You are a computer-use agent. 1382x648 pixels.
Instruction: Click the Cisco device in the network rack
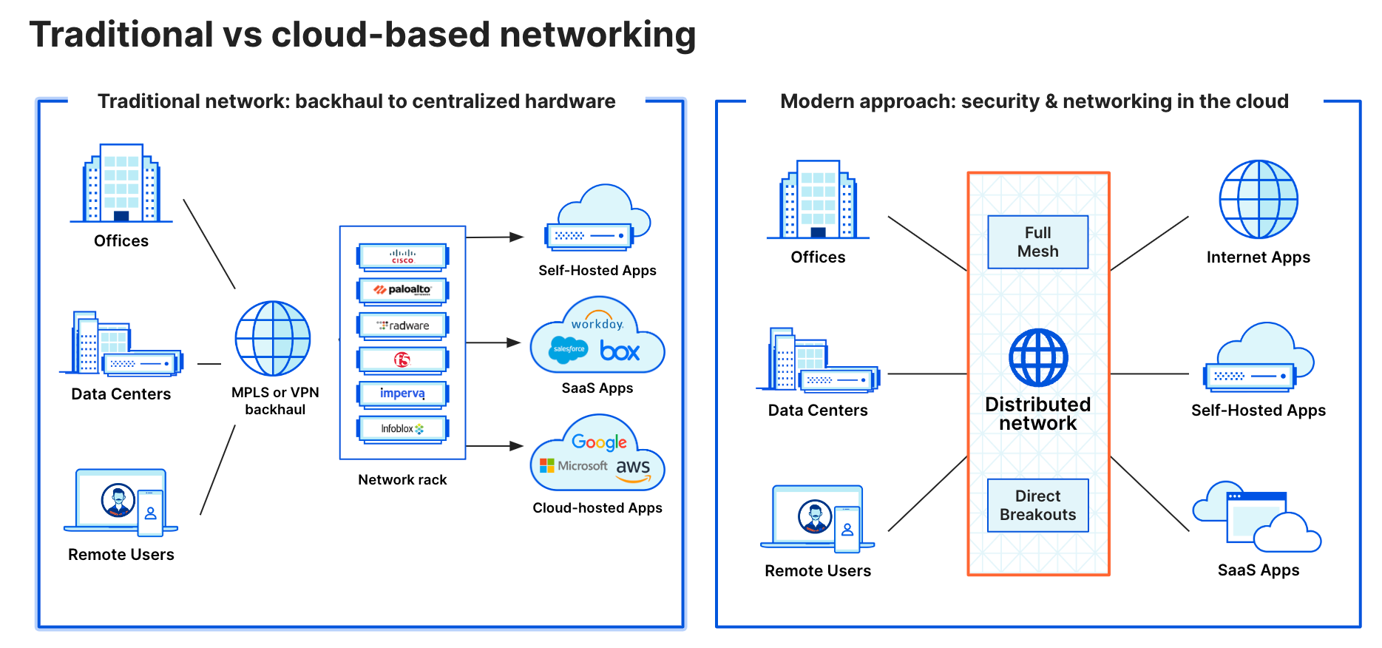point(402,256)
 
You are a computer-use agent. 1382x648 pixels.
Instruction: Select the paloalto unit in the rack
point(402,290)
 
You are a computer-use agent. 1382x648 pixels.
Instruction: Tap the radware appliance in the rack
point(402,325)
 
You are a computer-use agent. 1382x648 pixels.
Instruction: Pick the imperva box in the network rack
point(402,394)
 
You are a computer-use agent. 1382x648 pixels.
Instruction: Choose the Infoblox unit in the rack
point(402,428)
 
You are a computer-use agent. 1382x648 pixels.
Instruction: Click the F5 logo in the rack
point(402,360)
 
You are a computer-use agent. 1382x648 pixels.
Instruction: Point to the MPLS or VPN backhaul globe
point(273,339)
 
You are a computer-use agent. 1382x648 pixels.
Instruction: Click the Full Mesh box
point(1037,242)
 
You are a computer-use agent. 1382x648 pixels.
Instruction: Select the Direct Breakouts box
point(1037,505)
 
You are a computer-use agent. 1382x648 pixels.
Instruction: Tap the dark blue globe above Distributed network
point(1038,357)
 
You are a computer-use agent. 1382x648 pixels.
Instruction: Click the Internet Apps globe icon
point(1258,199)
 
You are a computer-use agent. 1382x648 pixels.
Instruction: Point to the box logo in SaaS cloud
point(620,351)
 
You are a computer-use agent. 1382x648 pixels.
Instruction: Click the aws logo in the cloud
point(633,468)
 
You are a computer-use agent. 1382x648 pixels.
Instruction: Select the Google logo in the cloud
point(599,442)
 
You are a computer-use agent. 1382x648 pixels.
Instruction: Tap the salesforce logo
point(569,349)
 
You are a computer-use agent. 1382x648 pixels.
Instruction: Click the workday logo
point(597,323)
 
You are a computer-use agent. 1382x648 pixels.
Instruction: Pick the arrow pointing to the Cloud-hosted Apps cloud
point(495,446)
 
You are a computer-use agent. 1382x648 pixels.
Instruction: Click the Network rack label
point(402,479)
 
